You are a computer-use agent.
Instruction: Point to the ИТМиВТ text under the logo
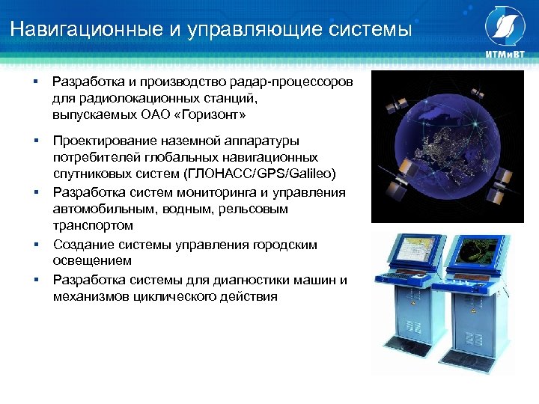click(x=506, y=56)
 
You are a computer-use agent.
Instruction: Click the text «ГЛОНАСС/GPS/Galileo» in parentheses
click(x=264, y=174)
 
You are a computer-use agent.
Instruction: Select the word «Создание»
click(x=82, y=245)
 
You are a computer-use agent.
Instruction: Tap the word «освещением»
click(x=92, y=261)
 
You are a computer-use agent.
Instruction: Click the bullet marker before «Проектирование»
click(x=36, y=141)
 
